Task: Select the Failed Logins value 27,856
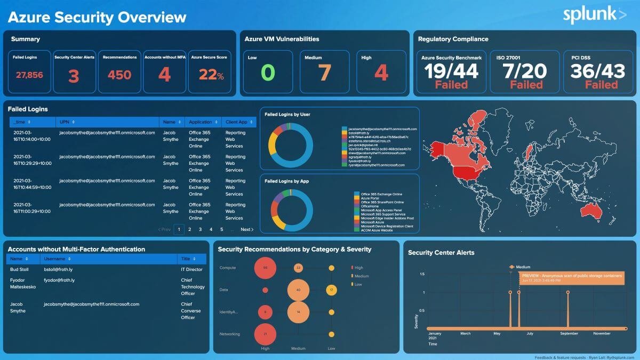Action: coord(29,75)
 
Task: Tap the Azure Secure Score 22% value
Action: coord(211,75)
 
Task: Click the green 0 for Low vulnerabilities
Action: coord(268,73)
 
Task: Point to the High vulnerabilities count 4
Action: coord(381,73)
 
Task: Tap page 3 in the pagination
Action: coord(200,229)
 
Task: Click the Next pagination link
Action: coord(246,229)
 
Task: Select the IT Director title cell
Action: coord(191,270)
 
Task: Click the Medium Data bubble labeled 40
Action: coord(298,290)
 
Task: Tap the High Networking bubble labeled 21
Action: coord(265,334)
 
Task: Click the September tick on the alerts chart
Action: coord(569,333)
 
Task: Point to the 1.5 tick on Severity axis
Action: coord(421,274)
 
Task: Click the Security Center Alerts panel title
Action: coord(441,253)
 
